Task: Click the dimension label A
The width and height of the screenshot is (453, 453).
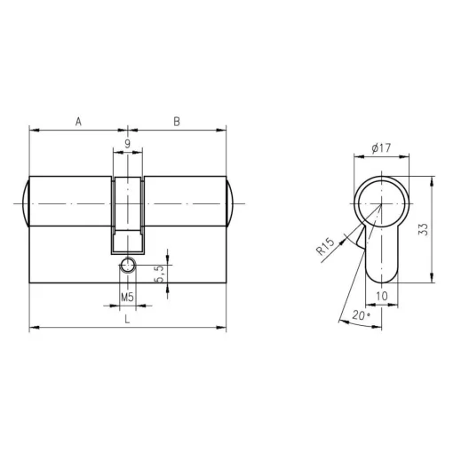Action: pyautogui.click(x=78, y=122)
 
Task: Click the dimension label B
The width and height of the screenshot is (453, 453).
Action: pyautogui.click(x=177, y=122)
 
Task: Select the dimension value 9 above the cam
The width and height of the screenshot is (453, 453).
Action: pyautogui.click(x=127, y=144)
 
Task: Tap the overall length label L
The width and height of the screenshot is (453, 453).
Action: pyautogui.click(x=127, y=319)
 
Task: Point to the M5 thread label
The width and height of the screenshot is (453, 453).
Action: pyautogui.click(x=128, y=297)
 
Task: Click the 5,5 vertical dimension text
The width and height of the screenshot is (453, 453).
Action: pyautogui.click(x=159, y=274)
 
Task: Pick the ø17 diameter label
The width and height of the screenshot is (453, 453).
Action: pyautogui.click(x=381, y=147)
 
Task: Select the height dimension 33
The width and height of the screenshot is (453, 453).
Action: pyautogui.click(x=424, y=229)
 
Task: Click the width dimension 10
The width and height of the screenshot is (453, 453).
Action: pyautogui.click(x=382, y=296)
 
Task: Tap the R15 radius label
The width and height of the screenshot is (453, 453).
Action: pyautogui.click(x=325, y=246)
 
